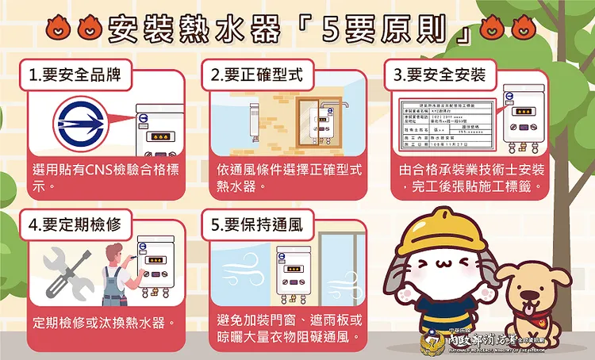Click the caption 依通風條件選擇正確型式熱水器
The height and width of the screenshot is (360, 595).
click(x=289, y=178)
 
